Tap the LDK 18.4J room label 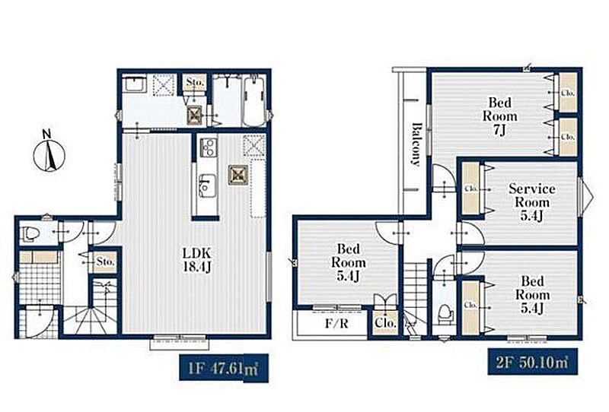pos(197,260)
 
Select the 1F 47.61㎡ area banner pos(224,368)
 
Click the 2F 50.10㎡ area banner pos(532,362)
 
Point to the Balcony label pos(416,144)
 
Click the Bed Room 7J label pos(500,116)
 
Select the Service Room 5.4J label pos(531,202)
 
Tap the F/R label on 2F pos(336,323)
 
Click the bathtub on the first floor pos(254,101)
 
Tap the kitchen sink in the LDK pos(206,185)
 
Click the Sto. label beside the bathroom pos(195,83)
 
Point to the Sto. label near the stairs pos(105,261)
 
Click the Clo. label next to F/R pos(385,323)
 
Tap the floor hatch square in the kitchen pos(238,174)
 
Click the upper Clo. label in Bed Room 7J pos(567,93)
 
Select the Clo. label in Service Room pos(471,189)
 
